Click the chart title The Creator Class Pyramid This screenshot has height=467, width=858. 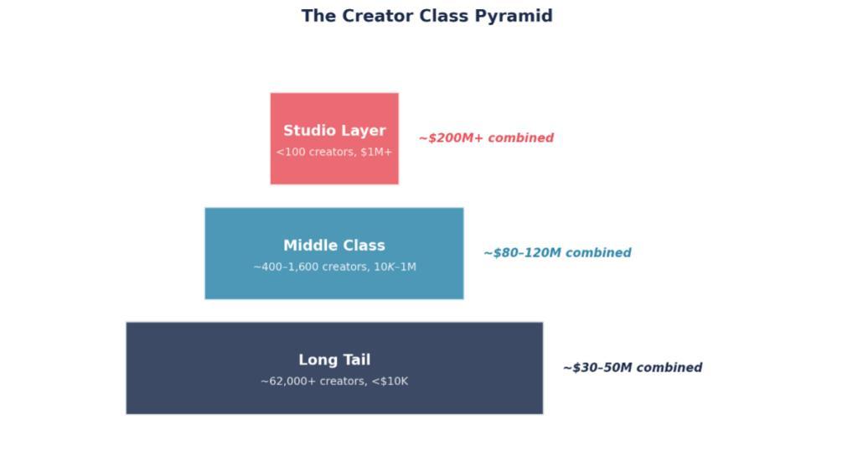coord(426,16)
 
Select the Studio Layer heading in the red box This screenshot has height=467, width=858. coord(334,131)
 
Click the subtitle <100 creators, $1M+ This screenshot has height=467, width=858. coord(334,152)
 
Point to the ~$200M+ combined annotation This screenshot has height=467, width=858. coord(487,138)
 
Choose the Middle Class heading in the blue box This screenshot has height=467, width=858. coord(334,246)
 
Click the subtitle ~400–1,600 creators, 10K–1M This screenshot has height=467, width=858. coord(334,267)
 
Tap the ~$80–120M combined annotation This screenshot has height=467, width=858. coord(557,253)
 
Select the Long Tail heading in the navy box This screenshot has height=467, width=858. coord(334,360)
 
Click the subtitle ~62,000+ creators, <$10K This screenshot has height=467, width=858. coord(334,381)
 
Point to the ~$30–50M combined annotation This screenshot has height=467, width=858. coord(633,367)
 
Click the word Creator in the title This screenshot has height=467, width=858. coord(378,16)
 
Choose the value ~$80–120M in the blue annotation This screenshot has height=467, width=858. coord(523,253)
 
